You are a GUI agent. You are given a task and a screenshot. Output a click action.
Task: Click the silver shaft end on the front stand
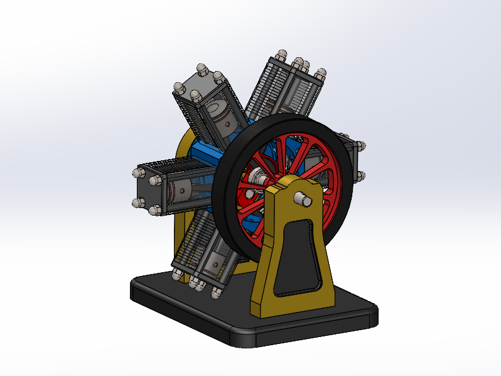click(x=303, y=199)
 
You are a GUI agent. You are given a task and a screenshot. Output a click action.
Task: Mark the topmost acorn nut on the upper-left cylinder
click(x=203, y=67)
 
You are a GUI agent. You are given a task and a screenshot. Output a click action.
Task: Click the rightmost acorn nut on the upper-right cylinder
click(x=321, y=74)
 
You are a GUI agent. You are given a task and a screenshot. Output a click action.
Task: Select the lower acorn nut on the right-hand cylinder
click(x=361, y=175)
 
